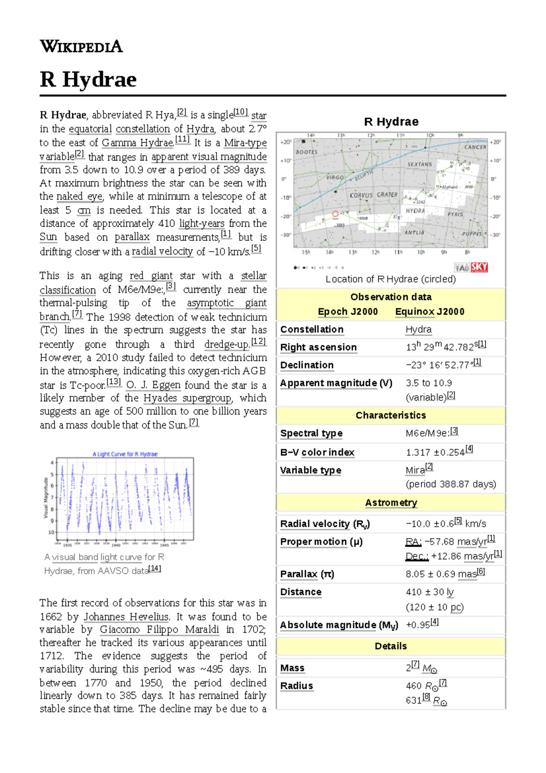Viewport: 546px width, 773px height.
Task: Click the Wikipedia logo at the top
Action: pyautogui.click(x=81, y=46)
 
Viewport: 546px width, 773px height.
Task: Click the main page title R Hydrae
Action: pyautogui.click(x=88, y=79)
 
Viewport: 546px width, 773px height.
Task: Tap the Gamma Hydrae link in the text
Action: pyautogui.click(x=137, y=142)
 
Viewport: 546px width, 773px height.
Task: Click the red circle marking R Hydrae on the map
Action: pyautogui.click(x=335, y=214)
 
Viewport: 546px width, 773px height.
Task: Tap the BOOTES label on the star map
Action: pyautogui.click(x=307, y=152)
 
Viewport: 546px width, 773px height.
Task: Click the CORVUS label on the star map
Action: pyautogui.click(x=361, y=195)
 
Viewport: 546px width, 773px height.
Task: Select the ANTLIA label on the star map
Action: pyautogui.click(x=414, y=232)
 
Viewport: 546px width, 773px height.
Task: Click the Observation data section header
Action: pyautogui.click(x=391, y=297)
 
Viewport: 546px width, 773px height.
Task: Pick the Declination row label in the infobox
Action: pyautogui.click(x=307, y=365)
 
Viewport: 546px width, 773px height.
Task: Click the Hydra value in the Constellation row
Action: pyautogui.click(x=419, y=329)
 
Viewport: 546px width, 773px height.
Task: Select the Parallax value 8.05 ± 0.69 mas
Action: pyautogui.click(x=441, y=574)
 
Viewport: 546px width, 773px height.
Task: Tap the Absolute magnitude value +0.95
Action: pyautogui.click(x=418, y=625)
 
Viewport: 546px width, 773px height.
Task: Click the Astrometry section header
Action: pyautogui.click(x=391, y=503)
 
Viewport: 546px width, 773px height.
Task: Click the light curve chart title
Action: pyautogui.click(x=125, y=454)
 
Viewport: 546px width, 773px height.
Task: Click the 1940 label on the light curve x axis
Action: pyautogui.click(x=116, y=545)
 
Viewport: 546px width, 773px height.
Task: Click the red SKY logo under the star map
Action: pyautogui.click(x=479, y=267)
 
